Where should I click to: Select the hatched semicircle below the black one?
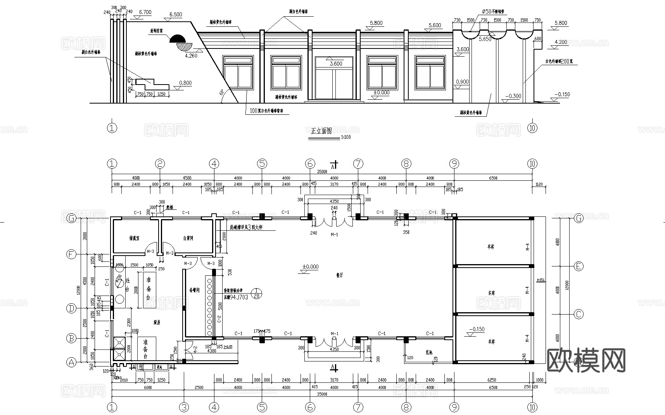pyautogui.click(x=182, y=46)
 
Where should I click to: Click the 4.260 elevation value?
pyautogui.click(x=192, y=55)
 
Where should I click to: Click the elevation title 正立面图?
pyautogui.click(x=321, y=131)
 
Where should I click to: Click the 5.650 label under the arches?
pyautogui.click(x=485, y=39)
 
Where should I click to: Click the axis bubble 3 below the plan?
pyautogui.click(x=184, y=407)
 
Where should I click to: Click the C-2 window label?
pyautogui.click(x=219, y=319)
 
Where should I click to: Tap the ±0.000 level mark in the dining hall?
pyautogui.click(x=310, y=267)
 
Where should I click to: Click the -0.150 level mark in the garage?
pyautogui.click(x=477, y=329)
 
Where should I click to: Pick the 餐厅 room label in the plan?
pyautogui.click(x=339, y=275)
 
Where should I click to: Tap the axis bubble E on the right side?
pyautogui.click(x=578, y=266)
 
